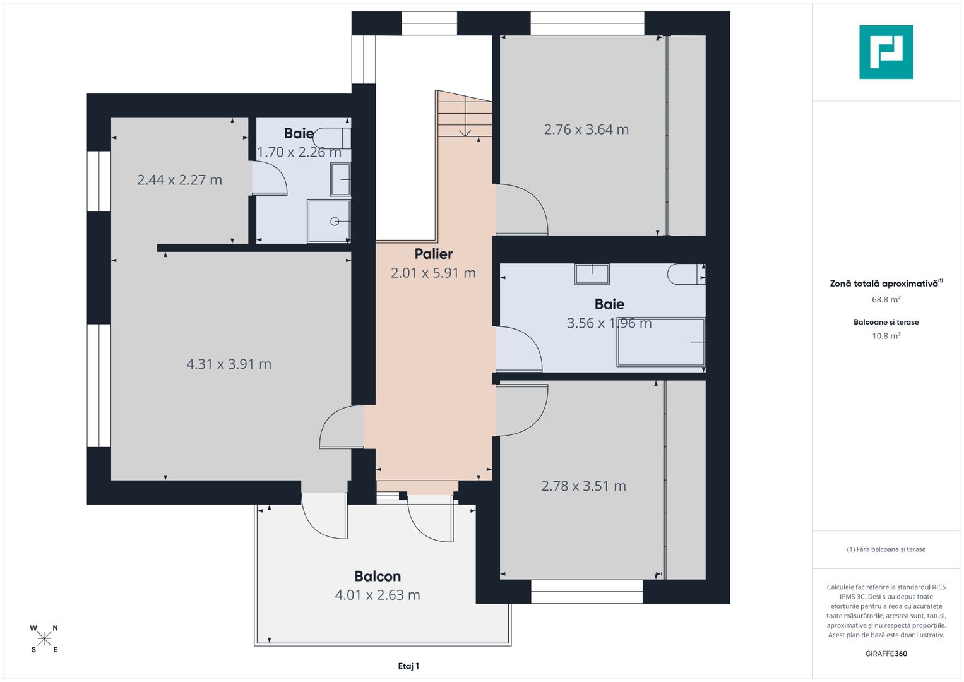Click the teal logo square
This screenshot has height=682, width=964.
click(886, 52)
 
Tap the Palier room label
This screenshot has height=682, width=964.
click(433, 254)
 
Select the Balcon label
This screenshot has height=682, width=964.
click(378, 576)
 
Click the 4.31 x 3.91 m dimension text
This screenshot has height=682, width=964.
click(229, 364)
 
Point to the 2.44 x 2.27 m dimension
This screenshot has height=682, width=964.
click(179, 179)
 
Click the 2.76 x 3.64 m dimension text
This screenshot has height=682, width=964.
click(586, 129)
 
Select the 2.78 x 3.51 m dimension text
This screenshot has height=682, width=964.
click(583, 486)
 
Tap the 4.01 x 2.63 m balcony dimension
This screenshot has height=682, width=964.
click(378, 595)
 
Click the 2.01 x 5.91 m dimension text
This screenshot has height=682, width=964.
click(433, 273)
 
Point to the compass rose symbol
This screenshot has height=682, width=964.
click(44, 639)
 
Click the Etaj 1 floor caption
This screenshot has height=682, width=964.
click(408, 666)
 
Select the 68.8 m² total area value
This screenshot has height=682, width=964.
click(886, 299)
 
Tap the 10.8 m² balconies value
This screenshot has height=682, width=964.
click(886, 335)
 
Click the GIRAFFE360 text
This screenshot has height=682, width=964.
click(886, 654)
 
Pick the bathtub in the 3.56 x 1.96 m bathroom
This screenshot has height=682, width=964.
click(660, 342)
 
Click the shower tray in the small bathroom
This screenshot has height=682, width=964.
click(329, 221)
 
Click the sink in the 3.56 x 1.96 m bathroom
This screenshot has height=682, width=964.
click(592, 274)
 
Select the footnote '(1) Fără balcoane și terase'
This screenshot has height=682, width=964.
click(886, 549)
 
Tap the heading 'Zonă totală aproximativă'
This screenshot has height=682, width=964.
click(884, 284)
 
